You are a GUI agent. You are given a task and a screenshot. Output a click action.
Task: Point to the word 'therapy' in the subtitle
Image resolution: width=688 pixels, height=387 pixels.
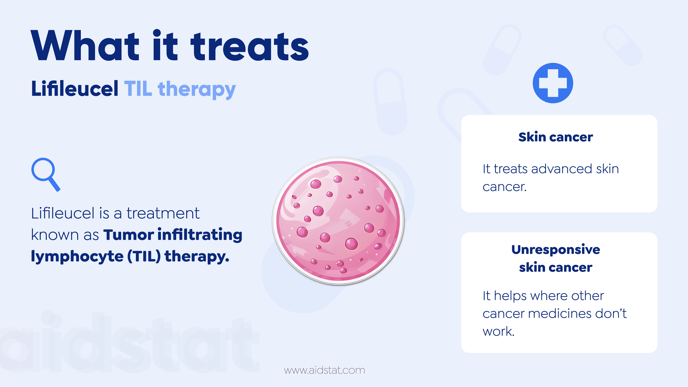[197, 90]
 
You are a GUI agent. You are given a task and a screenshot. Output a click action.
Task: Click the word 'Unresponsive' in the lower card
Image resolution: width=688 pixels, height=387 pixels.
[556, 250]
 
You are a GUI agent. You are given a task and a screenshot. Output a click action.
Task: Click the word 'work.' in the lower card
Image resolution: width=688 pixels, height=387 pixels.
[498, 331]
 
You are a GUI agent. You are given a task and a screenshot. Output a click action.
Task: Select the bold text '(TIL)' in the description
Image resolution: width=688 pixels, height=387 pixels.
[144, 256]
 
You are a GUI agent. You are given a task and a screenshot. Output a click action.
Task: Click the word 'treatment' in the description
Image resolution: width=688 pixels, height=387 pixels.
[163, 213]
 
